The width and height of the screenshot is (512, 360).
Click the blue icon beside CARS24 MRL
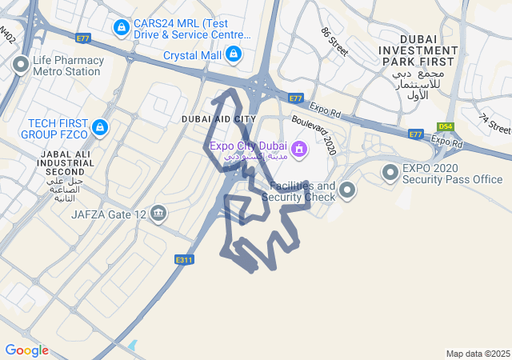pyautogui.click(x=121, y=29)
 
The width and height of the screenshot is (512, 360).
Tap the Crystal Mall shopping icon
pyautogui.click(x=233, y=55)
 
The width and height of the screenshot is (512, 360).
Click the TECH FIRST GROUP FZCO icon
pyautogui.click(x=99, y=128)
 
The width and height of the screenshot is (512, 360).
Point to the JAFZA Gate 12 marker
pyautogui.click(x=158, y=214)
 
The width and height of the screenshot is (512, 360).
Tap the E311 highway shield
pyautogui.click(x=184, y=259)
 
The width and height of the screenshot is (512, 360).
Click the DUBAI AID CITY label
pyautogui.click(x=218, y=119)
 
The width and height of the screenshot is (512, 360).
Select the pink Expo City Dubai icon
pyautogui.click(x=298, y=148)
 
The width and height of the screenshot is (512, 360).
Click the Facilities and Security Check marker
pyautogui.click(x=347, y=190)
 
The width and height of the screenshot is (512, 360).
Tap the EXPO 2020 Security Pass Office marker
pyautogui.click(x=390, y=172)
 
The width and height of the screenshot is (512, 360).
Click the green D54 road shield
pyautogui.click(x=446, y=126)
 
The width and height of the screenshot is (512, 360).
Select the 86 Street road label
pyautogui.click(x=334, y=41)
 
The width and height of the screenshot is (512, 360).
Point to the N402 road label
pyautogui.click(x=7, y=34)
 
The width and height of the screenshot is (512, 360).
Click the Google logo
pyautogui.click(x=26, y=350)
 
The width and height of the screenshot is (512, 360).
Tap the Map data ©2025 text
pyautogui.click(x=478, y=354)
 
